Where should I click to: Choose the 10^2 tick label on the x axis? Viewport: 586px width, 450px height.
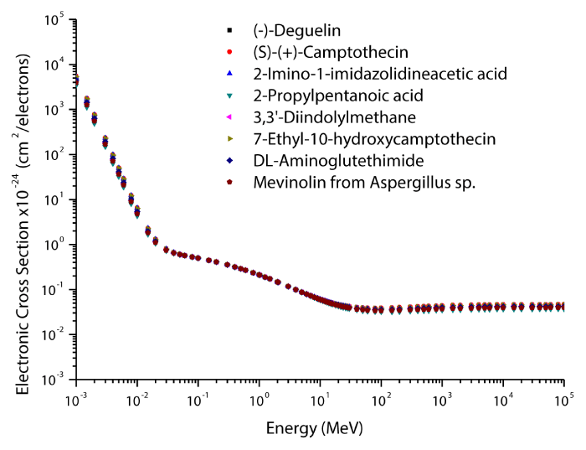[x=382, y=399]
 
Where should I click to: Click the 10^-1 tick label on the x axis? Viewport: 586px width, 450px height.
[x=198, y=399]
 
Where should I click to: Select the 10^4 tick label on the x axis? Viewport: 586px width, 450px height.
[x=503, y=399]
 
